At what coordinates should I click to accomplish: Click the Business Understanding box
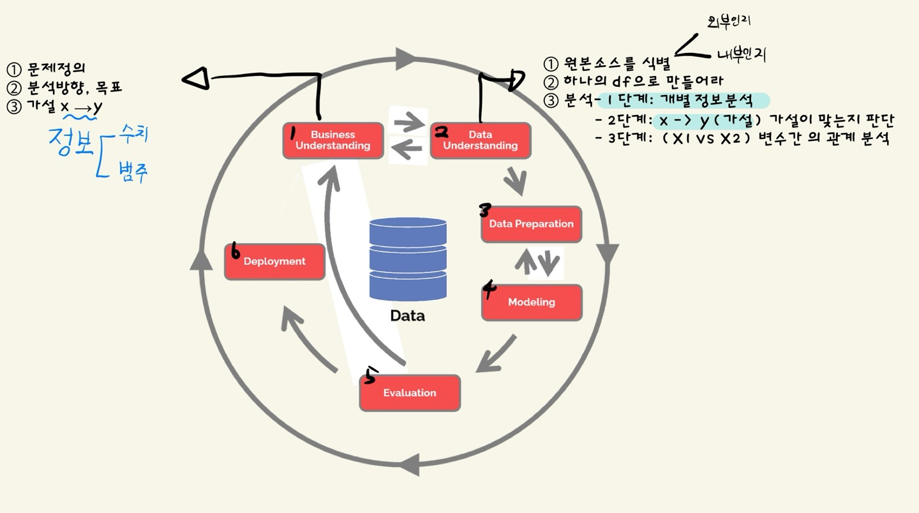click(332, 140)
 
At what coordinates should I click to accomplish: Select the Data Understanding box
click(481, 140)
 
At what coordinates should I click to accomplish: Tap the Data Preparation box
click(531, 224)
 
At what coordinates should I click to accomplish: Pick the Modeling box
click(531, 302)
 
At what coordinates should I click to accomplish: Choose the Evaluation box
click(410, 393)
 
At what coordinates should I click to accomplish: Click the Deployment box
click(274, 262)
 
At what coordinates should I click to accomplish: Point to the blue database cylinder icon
click(408, 259)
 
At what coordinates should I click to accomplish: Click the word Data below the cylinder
click(407, 316)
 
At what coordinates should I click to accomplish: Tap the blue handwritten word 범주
click(132, 172)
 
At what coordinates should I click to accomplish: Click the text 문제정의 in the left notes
click(57, 69)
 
